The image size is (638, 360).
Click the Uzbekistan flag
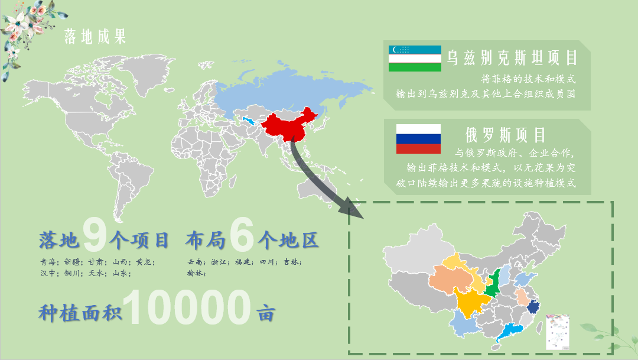click(x=415, y=59)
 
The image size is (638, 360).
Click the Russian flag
click(x=418, y=139)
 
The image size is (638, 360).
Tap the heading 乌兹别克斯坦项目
click(x=512, y=58)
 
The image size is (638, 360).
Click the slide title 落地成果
click(x=95, y=37)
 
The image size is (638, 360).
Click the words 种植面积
click(x=79, y=312)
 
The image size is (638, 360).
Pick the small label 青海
click(x=48, y=262)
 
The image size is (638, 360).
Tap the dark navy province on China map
click(x=533, y=306)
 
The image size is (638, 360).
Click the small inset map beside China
click(x=557, y=331)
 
